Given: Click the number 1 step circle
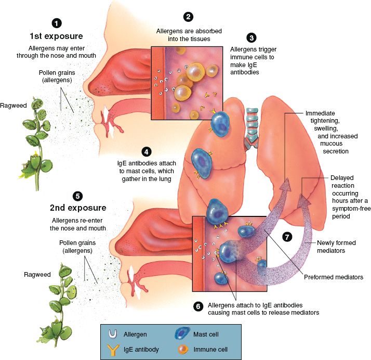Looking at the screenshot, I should click(56, 23).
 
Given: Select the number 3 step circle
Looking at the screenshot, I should click(252, 37).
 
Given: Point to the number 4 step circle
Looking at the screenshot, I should click(147, 152).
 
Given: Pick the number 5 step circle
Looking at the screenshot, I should click(77, 196).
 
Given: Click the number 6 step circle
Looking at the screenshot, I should click(197, 306).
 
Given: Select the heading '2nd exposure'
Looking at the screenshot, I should click(78, 208).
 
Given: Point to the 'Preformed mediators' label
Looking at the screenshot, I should click(334, 277).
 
